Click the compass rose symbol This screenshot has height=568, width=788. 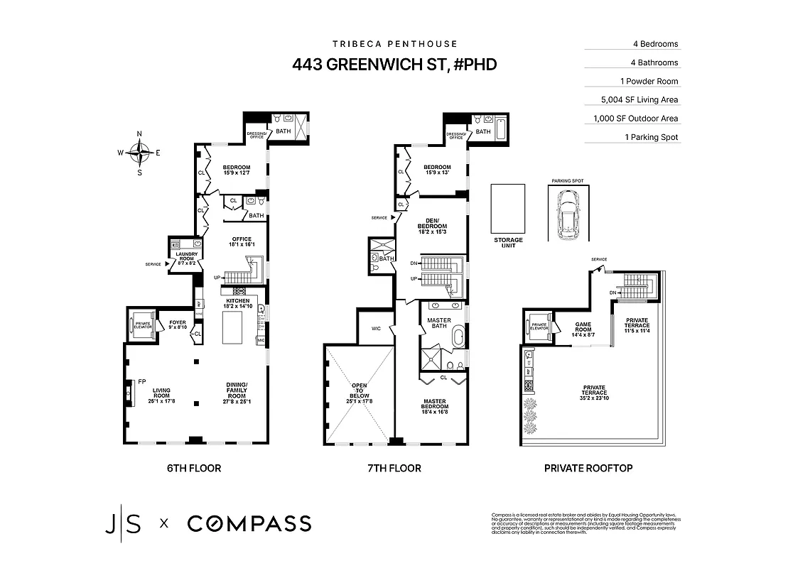point(139,153)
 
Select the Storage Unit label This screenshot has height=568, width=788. point(508,244)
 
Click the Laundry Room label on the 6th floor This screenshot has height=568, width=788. point(180,258)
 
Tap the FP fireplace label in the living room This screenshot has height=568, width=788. point(141,381)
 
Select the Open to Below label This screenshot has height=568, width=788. point(358,393)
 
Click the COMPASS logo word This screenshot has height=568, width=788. point(249,524)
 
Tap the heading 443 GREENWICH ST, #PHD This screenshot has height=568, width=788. point(394,65)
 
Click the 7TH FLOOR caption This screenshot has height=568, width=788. point(394,468)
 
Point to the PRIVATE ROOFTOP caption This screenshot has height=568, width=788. point(588,468)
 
